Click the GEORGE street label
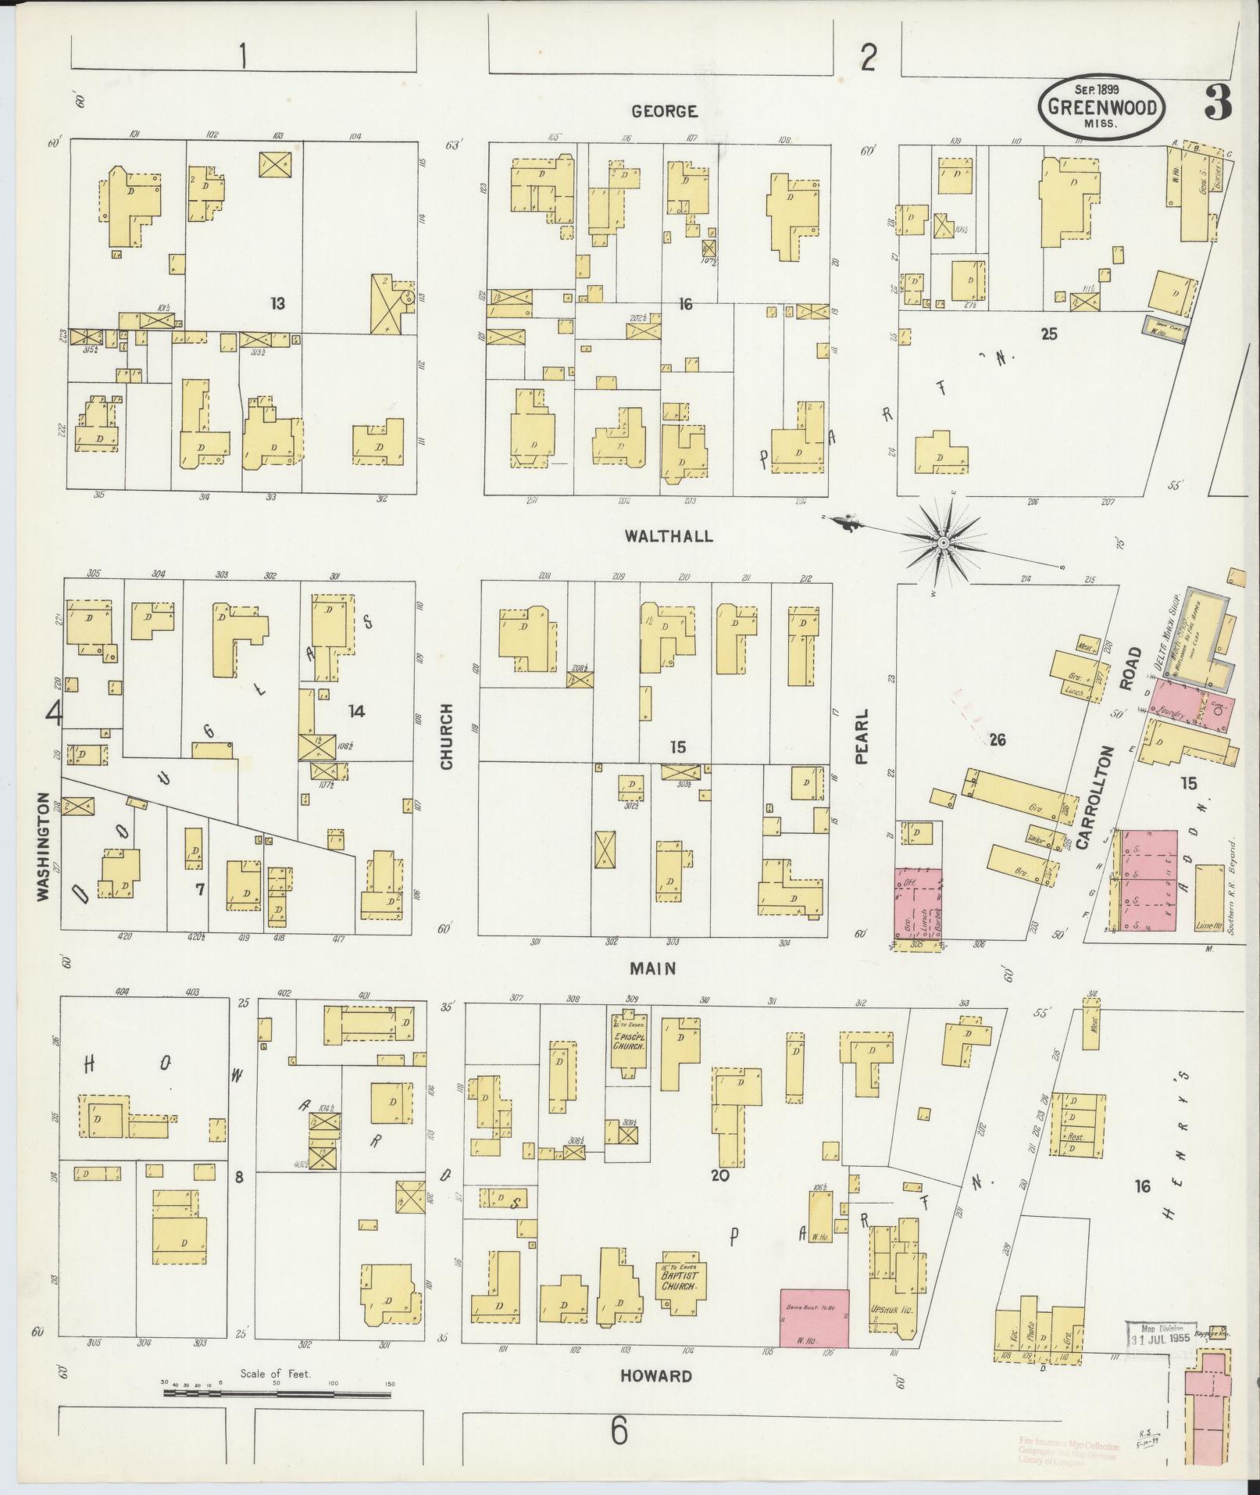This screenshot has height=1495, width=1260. (x=664, y=112)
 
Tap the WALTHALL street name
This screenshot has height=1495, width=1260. (x=669, y=536)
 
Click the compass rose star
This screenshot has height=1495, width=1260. (x=943, y=542)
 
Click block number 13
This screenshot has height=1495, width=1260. (x=276, y=303)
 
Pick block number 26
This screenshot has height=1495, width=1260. (x=997, y=739)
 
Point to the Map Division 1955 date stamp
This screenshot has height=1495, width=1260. (x=1160, y=1333)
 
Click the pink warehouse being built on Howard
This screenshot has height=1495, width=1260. (x=815, y=1318)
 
